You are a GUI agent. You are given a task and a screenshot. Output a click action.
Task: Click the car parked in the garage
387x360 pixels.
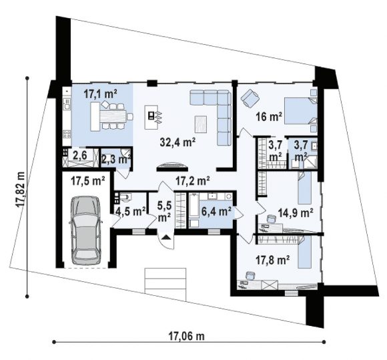click(85, 230)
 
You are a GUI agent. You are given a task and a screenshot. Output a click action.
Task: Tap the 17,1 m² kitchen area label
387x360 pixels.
click(100, 94)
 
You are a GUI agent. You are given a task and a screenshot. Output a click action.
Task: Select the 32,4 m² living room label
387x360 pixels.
click(177, 142)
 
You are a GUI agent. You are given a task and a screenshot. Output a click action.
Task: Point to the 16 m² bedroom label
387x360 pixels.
click(269, 116)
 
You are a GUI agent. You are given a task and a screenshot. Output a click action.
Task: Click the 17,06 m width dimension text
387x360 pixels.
click(186, 336)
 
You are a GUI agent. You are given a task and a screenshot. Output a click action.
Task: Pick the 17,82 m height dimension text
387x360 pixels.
click(20, 189)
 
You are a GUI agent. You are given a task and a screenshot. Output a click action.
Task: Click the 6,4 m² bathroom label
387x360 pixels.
click(216, 211)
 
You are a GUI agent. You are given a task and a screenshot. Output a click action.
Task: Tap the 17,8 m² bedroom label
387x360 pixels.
click(272, 260)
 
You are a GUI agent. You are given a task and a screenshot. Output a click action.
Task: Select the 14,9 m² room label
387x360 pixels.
click(296, 212)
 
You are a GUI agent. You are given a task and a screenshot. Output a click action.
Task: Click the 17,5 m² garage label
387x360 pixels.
click(88, 181)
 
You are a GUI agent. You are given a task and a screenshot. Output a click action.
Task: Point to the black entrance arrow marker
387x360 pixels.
click(166, 238)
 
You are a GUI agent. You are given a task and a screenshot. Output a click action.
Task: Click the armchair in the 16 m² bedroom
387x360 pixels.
click(250, 98)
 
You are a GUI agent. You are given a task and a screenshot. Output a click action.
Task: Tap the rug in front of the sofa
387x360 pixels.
click(201, 124)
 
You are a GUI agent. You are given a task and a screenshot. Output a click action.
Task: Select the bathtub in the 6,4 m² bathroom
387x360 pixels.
click(194, 206)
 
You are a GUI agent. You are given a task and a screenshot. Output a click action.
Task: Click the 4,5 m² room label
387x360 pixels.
click(131, 211)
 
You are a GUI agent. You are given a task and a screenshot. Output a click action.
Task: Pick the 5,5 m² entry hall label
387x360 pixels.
click(164, 211)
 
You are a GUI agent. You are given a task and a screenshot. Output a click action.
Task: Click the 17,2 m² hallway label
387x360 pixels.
click(193, 181)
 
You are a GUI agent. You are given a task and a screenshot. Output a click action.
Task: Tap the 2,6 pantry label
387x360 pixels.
click(80, 156)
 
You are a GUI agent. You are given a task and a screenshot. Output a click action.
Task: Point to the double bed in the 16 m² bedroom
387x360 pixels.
click(301, 111)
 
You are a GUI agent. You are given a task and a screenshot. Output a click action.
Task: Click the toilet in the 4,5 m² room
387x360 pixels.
click(125, 197)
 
